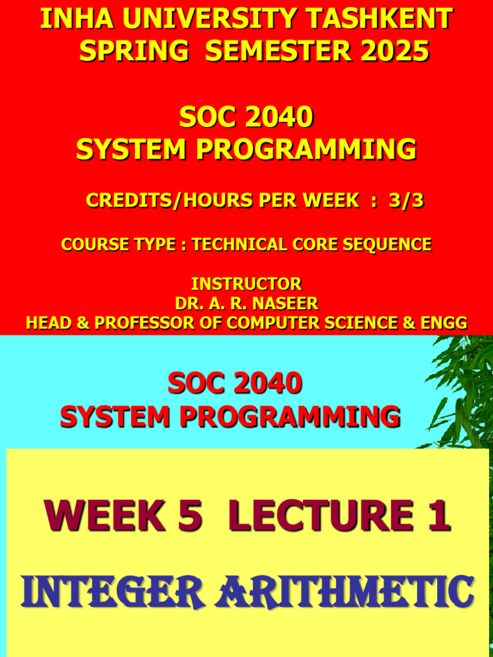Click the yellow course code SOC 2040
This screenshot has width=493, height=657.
[x=246, y=117]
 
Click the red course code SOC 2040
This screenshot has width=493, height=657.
[x=234, y=384]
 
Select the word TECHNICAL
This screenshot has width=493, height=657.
[x=241, y=244]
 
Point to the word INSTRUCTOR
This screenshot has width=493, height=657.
[x=246, y=284]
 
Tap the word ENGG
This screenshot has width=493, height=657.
[x=444, y=323]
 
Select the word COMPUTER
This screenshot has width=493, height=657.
[x=269, y=323]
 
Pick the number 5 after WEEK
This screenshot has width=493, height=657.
[x=190, y=516]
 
